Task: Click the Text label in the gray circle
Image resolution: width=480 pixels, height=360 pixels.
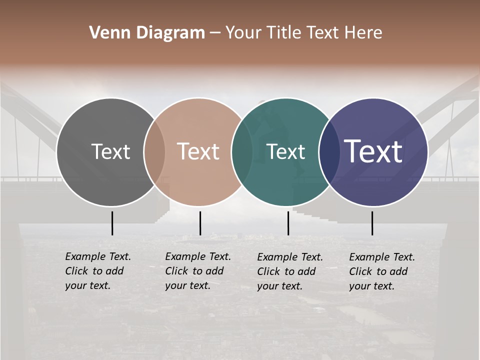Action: click(x=110, y=151)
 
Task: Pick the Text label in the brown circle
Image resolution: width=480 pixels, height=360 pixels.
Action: click(x=198, y=151)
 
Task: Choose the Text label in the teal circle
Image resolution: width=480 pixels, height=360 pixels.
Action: click(x=285, y=151)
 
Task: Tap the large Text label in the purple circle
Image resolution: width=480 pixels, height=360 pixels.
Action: click(x=373, y=151)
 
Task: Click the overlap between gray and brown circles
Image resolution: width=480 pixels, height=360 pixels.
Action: click(x=154, y=152)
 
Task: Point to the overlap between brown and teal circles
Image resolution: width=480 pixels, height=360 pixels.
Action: click(x=242, y=152)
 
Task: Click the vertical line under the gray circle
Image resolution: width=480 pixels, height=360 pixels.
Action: click(x=112, y=223)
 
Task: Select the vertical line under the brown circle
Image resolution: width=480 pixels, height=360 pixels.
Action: click(x=200, y=223)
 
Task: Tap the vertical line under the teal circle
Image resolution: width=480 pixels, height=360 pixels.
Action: click(x=288, y=223)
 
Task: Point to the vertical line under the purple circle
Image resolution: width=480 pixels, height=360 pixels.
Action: click(x=372, y=223)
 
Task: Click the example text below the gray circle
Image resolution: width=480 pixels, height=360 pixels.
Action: click(x=98, y=271)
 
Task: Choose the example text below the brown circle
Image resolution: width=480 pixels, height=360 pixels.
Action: click(x=198, y=271)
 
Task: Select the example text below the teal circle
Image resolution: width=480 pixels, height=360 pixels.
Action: click(x=290, y=271)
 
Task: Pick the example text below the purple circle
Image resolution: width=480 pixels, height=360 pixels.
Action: click(x=382, y=271)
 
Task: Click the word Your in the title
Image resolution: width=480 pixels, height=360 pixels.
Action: click(x=243, y=33)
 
